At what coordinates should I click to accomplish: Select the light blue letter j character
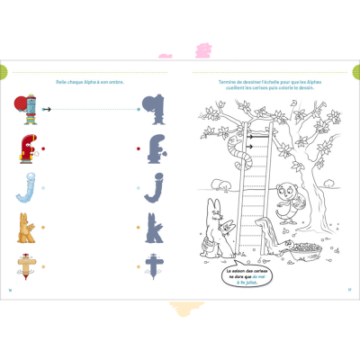click(25, 186)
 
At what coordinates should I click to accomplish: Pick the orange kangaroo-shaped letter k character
click(27, 227)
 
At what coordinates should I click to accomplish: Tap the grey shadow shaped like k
click(155, 227)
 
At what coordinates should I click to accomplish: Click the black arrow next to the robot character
click(50, 109)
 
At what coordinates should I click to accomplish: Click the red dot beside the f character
click(43, 148)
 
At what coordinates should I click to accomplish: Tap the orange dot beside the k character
click(43, 228)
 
